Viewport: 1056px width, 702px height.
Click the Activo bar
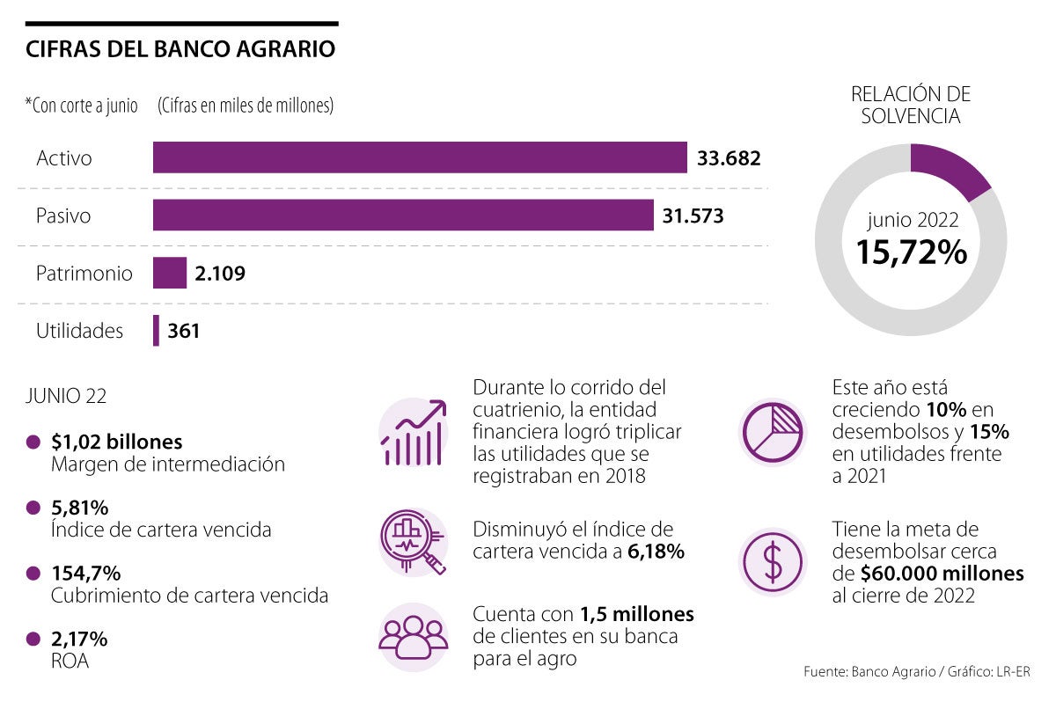pyautogui.click(x=420, y=158)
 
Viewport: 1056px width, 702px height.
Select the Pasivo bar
pyautogui.click(x=403, y=216)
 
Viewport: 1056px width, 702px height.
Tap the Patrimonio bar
pyautogui.click(x=170, y=273)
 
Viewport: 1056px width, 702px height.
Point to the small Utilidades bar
pyautogui.click(x=157, y=331)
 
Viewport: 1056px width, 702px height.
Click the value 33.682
pyautogui.click(x=729, y=158)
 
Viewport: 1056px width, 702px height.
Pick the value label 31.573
pyautogui.click(x=693, y=216)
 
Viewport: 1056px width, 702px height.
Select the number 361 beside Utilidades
pyautogui.click(x=184, y=332)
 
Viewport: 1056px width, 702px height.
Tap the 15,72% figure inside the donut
pyautogui.click(x=912, y=252)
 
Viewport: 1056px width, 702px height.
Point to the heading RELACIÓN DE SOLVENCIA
pyautogui.click(x=911, y=105)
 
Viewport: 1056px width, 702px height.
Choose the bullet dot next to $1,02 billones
pyautogui.click(x=33, y=442)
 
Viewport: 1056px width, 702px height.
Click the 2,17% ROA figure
pyautogui.click(x=80, y=638)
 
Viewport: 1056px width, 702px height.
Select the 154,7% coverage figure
pyautogui.click(x=86, y=573)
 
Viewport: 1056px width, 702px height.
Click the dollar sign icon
pyautogui.click(x=773, y=563)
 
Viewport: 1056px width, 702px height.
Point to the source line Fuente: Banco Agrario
pyautogui.click(x=916, y=672)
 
